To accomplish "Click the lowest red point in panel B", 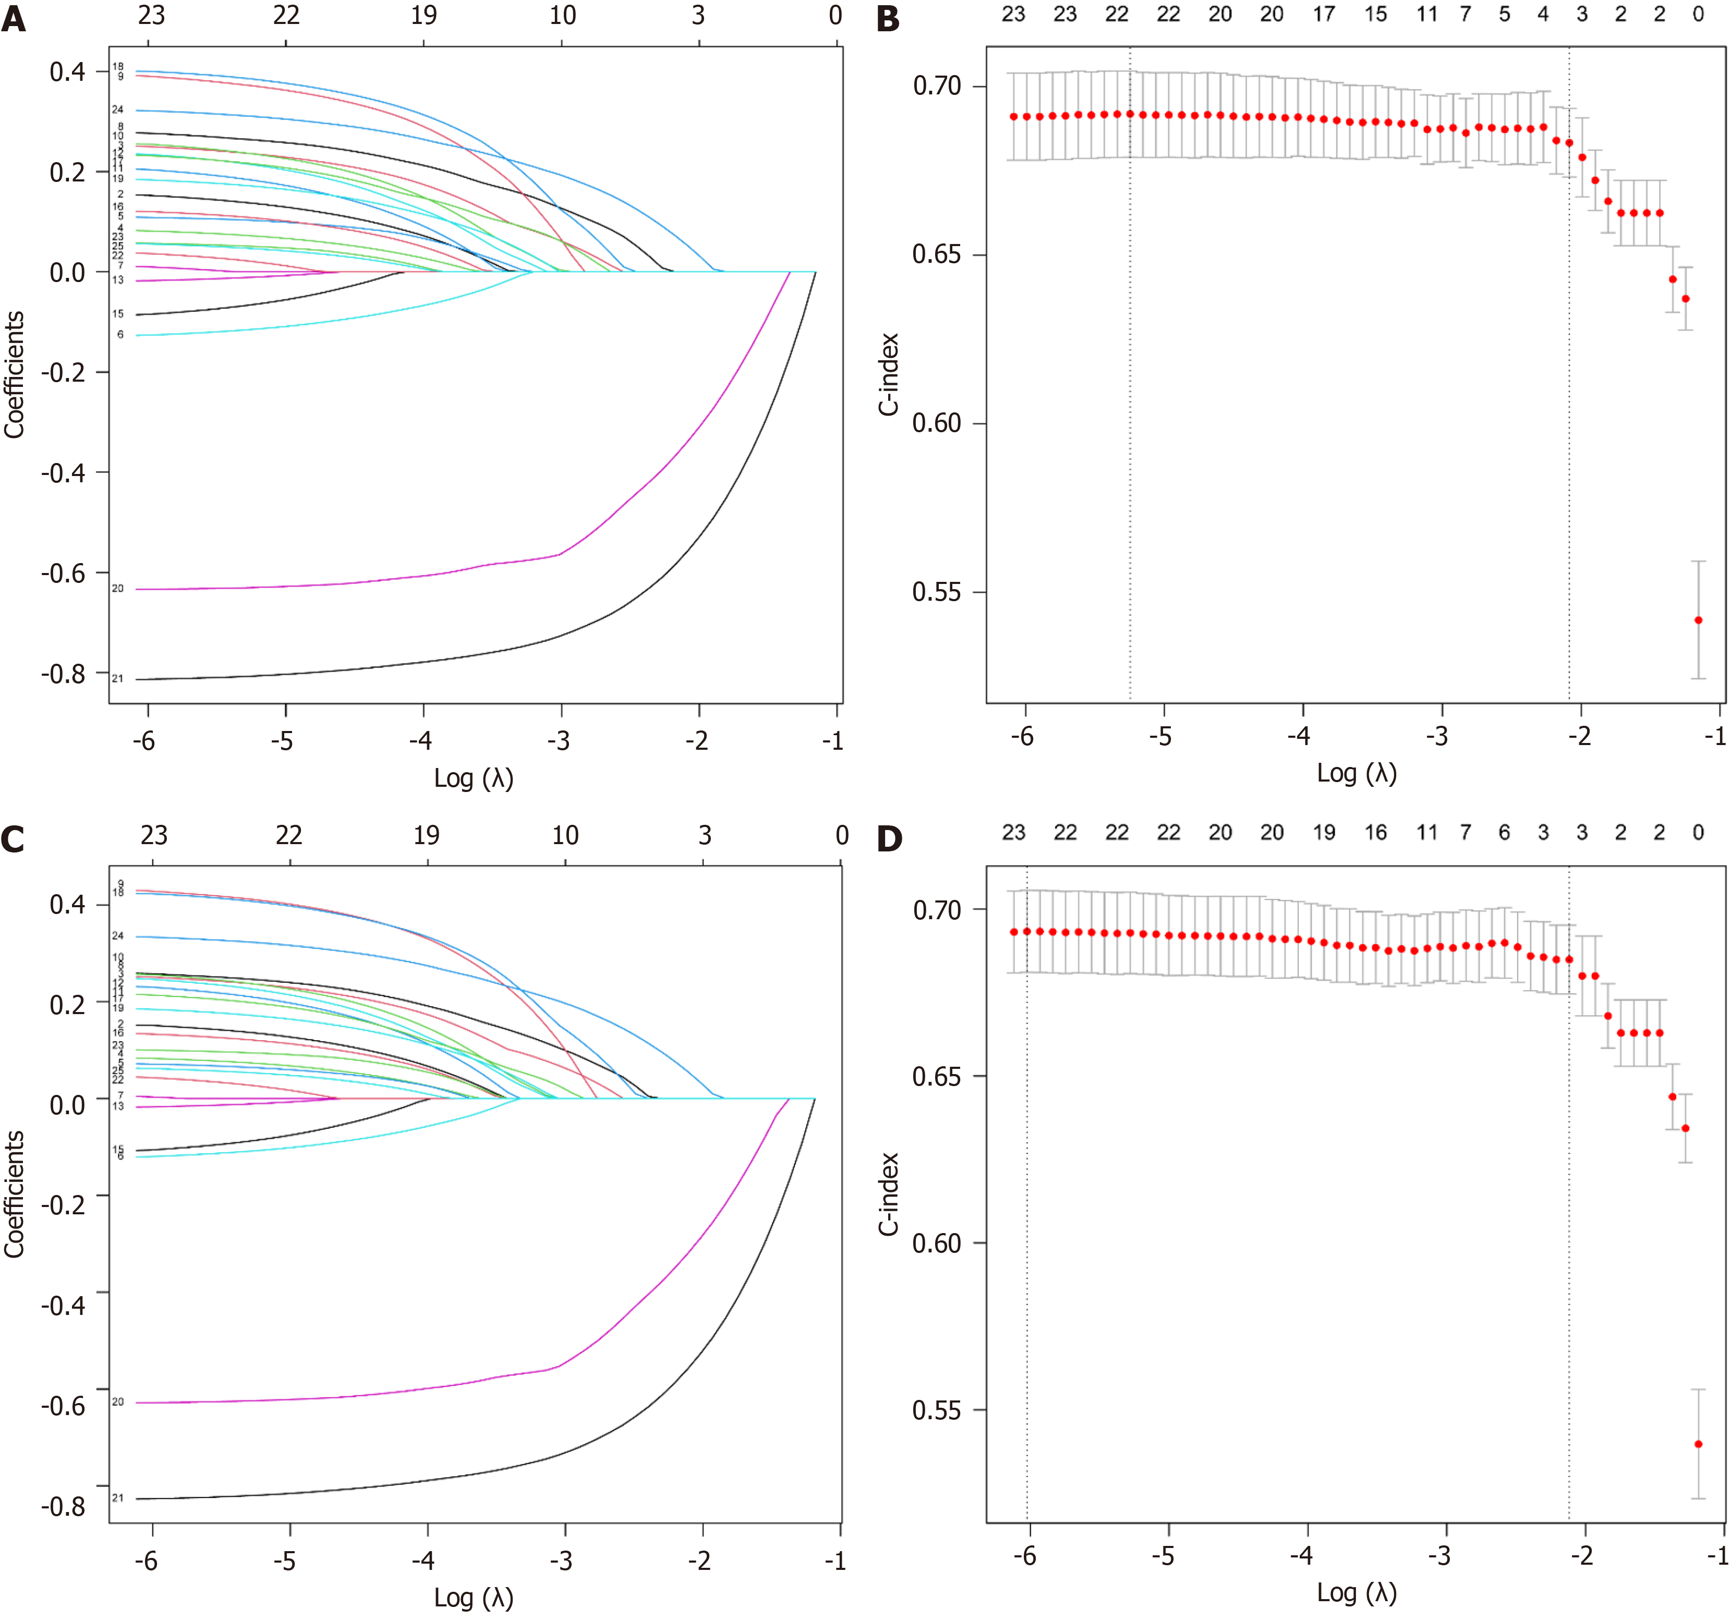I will click(1698, 620).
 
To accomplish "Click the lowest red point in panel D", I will click(1698, 1444).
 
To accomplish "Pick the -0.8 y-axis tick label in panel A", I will click(64, 674).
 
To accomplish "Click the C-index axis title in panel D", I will click(888, 1195).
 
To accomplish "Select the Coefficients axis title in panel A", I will click(14, 374).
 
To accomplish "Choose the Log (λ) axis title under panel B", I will click(1355, 773).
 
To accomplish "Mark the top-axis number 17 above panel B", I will click(1324, 14).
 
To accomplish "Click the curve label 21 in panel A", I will click(117, 678).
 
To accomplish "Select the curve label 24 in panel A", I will click(117, 109).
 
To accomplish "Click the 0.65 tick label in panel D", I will click(937, 1077).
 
